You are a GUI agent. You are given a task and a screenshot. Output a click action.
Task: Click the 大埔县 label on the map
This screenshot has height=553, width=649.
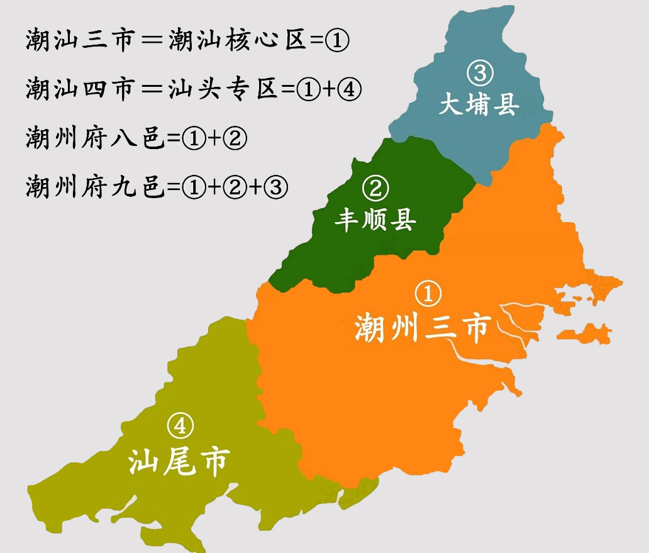(479, 104)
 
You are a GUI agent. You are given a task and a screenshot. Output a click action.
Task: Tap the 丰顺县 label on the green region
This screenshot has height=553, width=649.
(375, 220)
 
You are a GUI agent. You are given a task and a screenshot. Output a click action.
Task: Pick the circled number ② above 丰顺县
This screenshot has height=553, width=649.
(375, 188)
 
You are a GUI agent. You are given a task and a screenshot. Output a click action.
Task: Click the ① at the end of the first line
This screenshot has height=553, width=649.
(337, 42)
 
